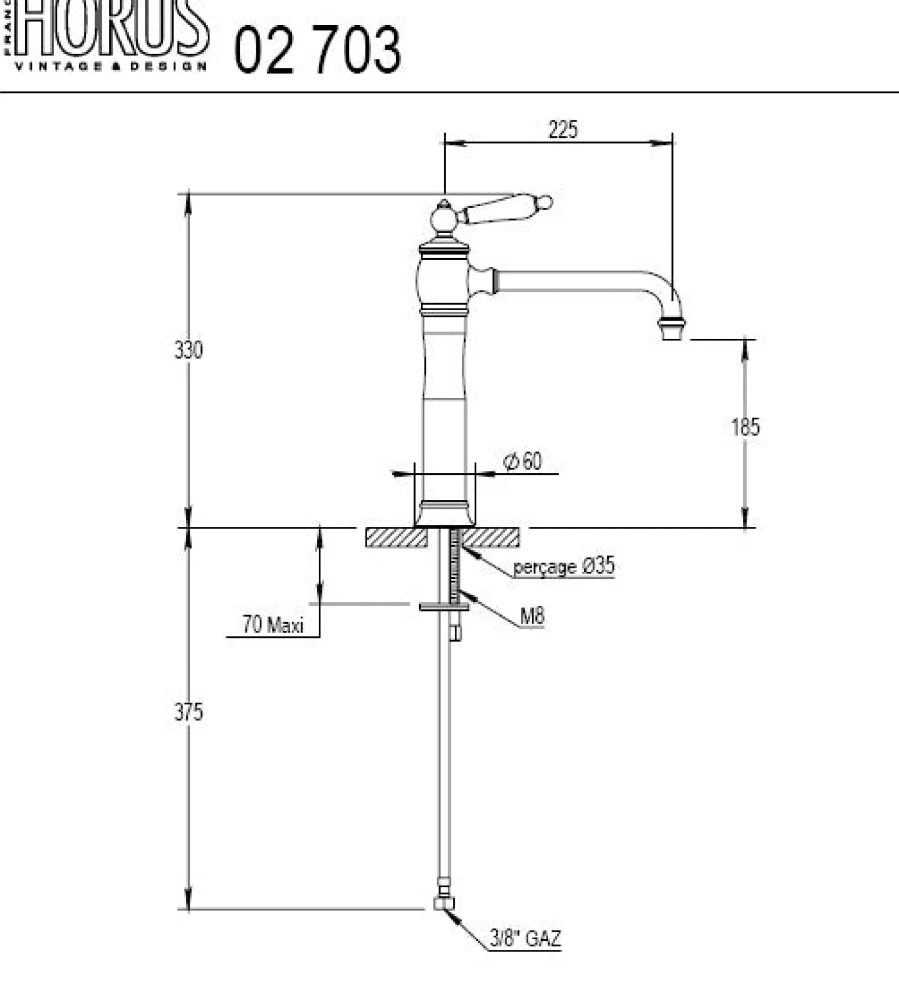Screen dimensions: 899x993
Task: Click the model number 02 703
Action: pyautogui.click(x=318, y=50)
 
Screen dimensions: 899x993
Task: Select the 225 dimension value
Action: pyautogui.click(x=563, y=129)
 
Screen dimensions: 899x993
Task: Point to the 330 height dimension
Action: pyautogui.click(x=189, y=350)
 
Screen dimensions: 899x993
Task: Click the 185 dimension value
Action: pyautogui.click(x=745, y=427)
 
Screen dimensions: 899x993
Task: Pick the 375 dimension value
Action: pyautogui.click(x=189, y=712)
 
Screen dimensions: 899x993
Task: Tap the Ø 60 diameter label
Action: pyautogui.click(x=522, y=461)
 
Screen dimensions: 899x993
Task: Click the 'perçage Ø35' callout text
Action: pyautogui.click(x=564, y=566)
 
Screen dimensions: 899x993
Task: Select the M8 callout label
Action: pyautogui.click(x=532, y=616)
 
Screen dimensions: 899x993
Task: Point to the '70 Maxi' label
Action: pyautogui.click(x=273, y=625)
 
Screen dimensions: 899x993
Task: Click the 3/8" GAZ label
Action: pyautogui.click(x=525, y=939)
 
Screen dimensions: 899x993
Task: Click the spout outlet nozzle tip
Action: pyautogui.click(x=672, y=329)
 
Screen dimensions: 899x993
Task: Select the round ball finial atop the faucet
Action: pyautogui.click(x=444, y=220)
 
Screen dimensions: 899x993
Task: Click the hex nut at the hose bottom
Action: pyautogui.click(x=444, y=903)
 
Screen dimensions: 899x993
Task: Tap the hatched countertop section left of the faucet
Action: pyautogui.click(x=396, y=537)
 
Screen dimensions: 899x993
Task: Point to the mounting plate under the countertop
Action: pyautogui.click(x=444, y=607)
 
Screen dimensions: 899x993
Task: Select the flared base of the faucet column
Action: pyautogui.click(x=444, y=514)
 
